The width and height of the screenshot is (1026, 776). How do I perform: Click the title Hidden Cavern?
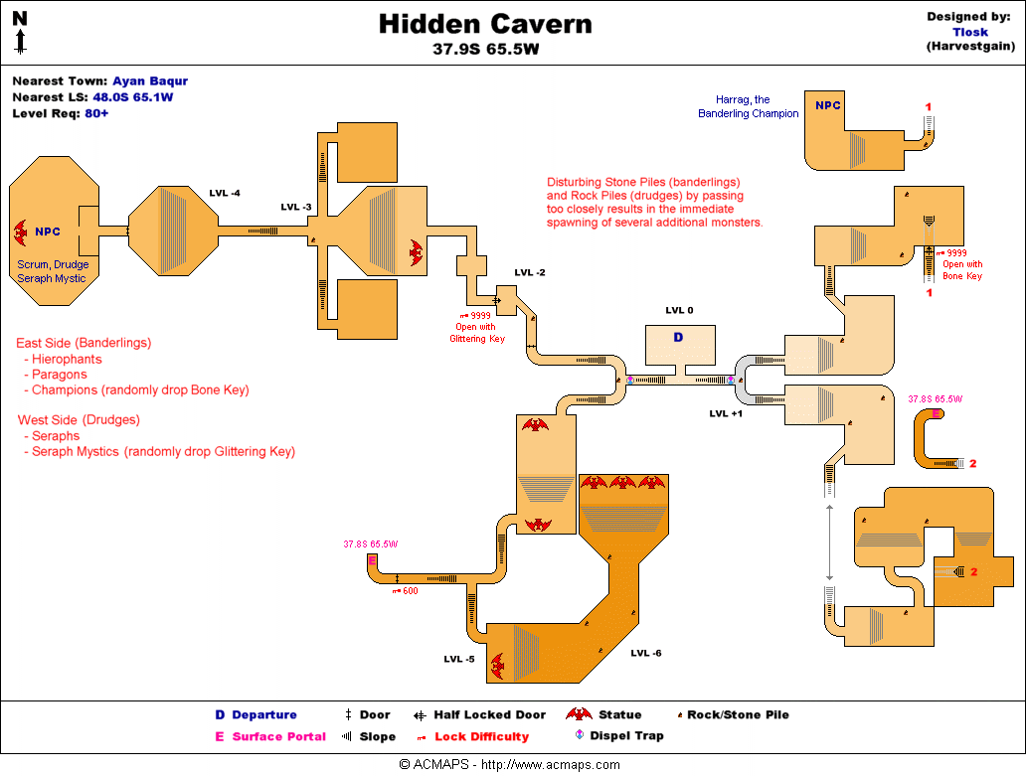pos(485,24)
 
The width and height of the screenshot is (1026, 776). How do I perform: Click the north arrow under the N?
pos(20,41)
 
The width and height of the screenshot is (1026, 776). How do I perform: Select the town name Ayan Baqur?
pos(150,81)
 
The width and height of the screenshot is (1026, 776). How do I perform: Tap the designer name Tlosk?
pos(970,32)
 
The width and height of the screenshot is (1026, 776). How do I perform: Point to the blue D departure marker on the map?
pos(679,338)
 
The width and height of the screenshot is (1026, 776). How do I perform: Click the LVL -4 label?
pos(225,193)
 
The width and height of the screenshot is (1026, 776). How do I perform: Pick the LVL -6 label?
pos(646,653)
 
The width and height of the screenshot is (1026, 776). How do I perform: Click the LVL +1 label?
pos(726,413)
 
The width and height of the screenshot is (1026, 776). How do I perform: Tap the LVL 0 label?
pos(679,311)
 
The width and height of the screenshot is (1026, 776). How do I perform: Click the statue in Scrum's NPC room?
pos(20,232)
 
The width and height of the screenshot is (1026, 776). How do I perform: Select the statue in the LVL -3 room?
pos(415,252)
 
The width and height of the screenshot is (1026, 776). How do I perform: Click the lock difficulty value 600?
pos(410,591)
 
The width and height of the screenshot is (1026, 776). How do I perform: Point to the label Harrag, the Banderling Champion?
pos(748,106)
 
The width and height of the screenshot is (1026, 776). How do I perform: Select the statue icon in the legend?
pos(579,714)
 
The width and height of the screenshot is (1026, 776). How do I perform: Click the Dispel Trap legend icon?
pos(580,736)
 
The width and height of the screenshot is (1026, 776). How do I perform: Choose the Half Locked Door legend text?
pos(489,714)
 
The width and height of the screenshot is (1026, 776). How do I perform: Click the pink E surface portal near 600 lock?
pos(373,561)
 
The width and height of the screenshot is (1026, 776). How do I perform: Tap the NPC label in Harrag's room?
pos(827,105)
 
